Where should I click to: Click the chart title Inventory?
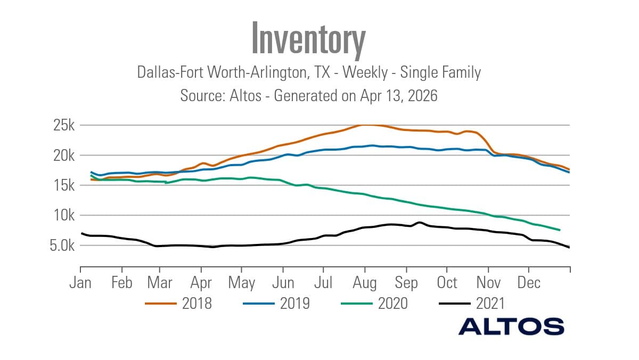tap(308, 38)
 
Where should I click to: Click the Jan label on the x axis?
tap(80, 282)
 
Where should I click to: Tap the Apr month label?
tap(201, 282)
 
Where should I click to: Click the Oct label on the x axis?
tap(447, 282)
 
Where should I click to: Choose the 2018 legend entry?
tap(196, 304)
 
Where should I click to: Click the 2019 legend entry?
tap(294, 304)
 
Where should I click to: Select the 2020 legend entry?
tap(392, 304)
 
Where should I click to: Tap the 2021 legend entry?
tap(490, 304)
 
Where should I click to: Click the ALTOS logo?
tap(511, 326)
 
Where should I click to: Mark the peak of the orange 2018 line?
tap(365, 125)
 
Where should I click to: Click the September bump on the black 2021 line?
tap(420, 222)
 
